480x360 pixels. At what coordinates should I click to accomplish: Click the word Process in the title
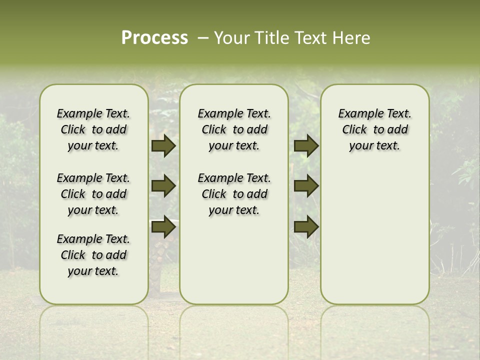(x=154, y=38)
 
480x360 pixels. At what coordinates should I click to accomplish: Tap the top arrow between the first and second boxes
(x=163, y=146)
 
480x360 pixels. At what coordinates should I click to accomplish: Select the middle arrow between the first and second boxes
(x=163, y=186)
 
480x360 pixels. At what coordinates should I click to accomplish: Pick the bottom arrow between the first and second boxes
(x=163, y=226)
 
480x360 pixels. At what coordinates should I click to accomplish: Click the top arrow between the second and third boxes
(x=306, y=146)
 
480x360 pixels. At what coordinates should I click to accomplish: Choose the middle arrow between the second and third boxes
(x=306, y=186)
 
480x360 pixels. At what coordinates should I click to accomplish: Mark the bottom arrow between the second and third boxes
(x=306, y=226)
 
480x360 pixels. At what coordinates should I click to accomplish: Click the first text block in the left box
(x=93, y=129)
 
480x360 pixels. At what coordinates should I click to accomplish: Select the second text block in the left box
(x=93, y=194)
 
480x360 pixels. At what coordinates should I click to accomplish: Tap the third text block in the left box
(x=93, y=255)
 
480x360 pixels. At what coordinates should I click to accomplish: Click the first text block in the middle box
(x=234, y=129)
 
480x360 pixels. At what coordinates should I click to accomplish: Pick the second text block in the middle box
(x=234, y=194)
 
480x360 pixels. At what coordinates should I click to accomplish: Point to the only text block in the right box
(x=374, y=129)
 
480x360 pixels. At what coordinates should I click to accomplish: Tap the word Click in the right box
(x=354, y=130)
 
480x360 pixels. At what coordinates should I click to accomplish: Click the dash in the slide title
(x=203, y=38)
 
